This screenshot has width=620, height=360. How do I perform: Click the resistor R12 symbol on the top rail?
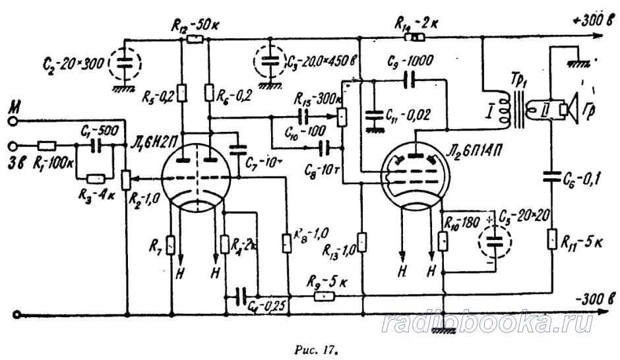click(194, 39)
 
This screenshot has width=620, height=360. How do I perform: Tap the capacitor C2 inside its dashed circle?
click(122, 63)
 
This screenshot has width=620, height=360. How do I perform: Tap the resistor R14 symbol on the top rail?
click(418, 38)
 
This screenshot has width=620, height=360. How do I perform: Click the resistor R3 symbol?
click(95, 178)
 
